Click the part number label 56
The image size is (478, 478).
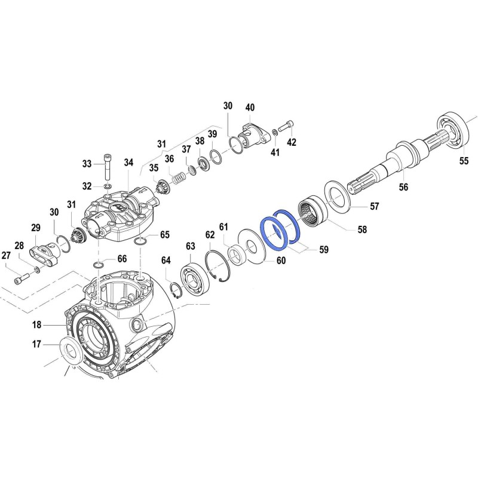point(403,187)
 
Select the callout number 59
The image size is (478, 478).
point(324,249)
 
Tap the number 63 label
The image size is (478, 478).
point(191,246)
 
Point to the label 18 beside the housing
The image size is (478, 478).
point(37,324)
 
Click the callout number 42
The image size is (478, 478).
point(292,142)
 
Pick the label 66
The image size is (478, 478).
point(122,259)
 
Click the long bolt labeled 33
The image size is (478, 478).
point(108,167)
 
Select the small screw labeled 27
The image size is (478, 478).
point(22,278)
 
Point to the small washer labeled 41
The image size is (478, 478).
point(275,131)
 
